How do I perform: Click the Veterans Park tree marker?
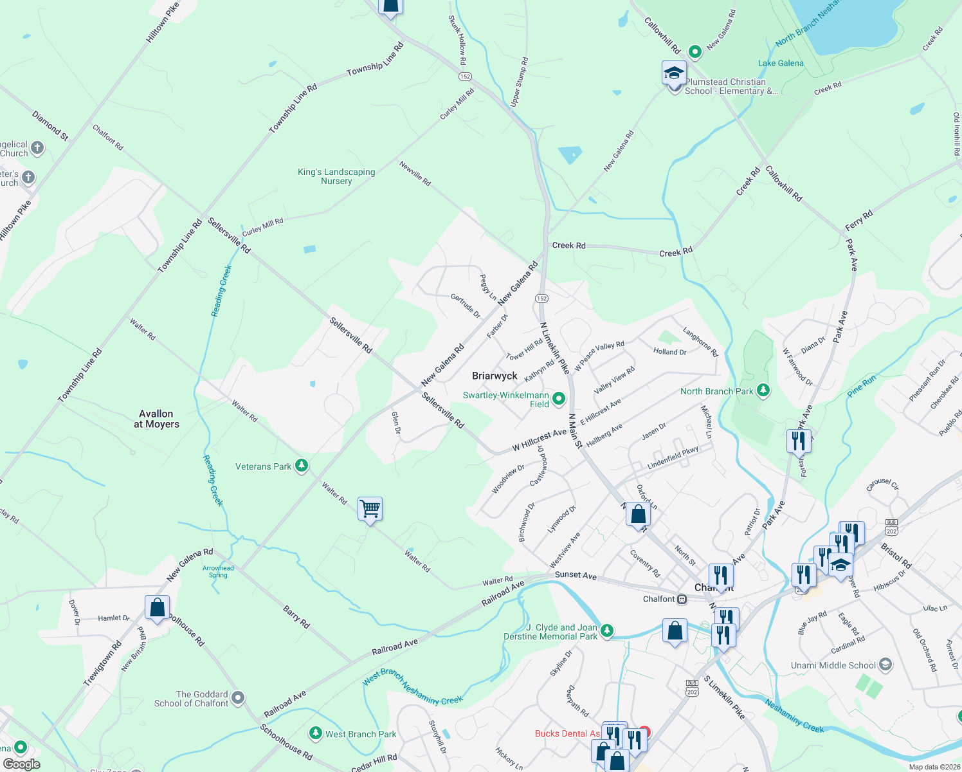pyautogui.click(x=301, y=466)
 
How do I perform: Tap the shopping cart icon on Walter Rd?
pyautogui.click(x=370, y=509)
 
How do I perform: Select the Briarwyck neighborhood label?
pyautogui.click(x=495, y=376)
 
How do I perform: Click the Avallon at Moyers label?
pyautogui.click(x=156, y=419)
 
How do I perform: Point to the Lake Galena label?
pyautogui.click(x=781, y=63)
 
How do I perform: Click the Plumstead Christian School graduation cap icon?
pyautogui.click(x=674, y=73)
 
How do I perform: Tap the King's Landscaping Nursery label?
pyautogui.click(x=336, y=176)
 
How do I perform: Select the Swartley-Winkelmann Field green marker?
pyautogui.click(x=559, y=399)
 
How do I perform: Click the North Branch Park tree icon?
pyautogui.click(x=763, y=391)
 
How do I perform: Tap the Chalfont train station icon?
pyautogui.click(x=682, y=599)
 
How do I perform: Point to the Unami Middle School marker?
pyautogui.click(x=885, y=665)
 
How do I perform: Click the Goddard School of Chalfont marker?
pyautogui.click(x=238, y=697)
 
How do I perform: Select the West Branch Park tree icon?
pyautogui.click(x=315, y=733)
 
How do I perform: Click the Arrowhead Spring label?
pyautogui.click(x=218, y=571)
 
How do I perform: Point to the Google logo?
pyautogui.click(x=21, y=764)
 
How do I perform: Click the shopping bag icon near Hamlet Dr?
pyautogui.click(x=158, y=607)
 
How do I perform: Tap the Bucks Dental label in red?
pyautogui.click(x=567, y=733)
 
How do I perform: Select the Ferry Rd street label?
pyautogui.click(x=858, y=221)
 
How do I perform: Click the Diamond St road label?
pyautogui.click(x=50, y=125)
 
